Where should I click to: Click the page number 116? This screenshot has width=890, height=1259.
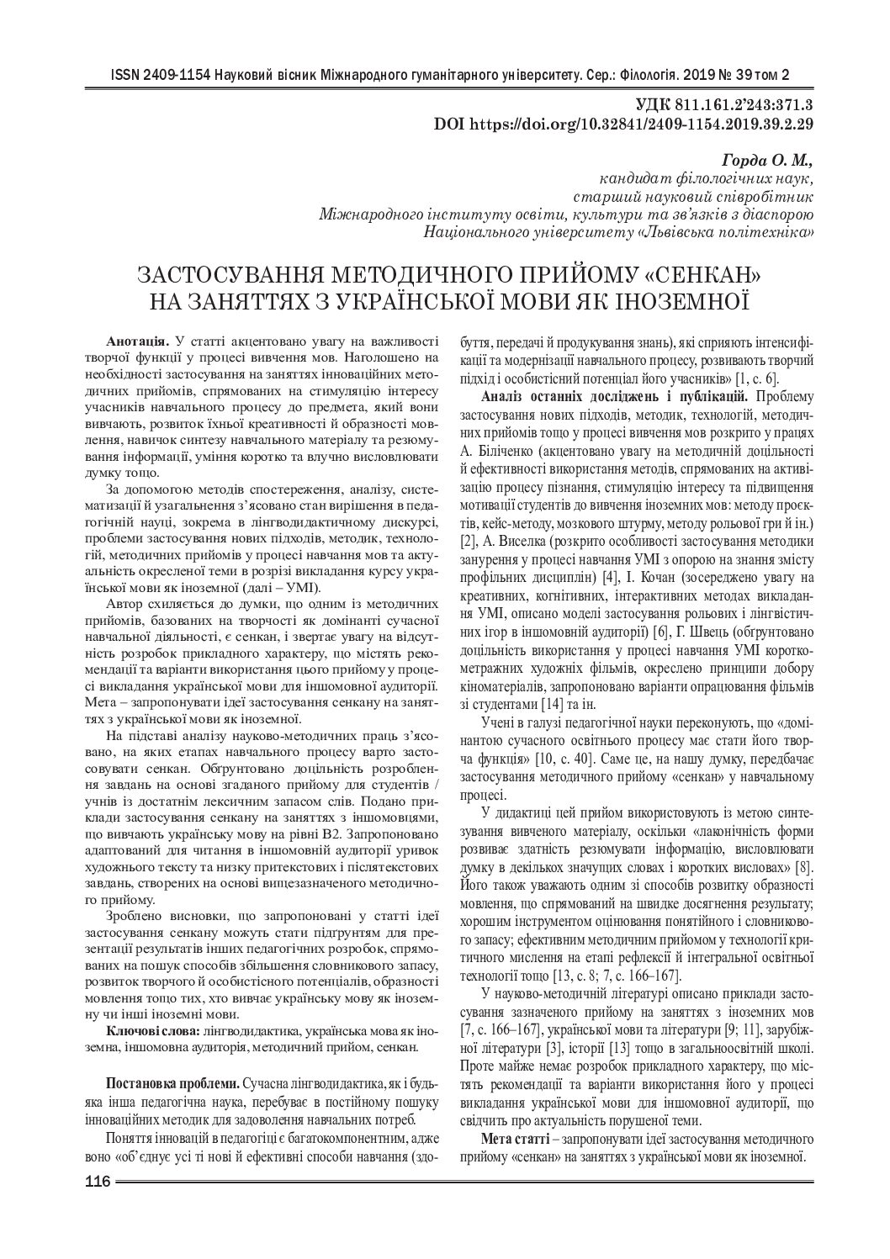(98, 1182)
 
